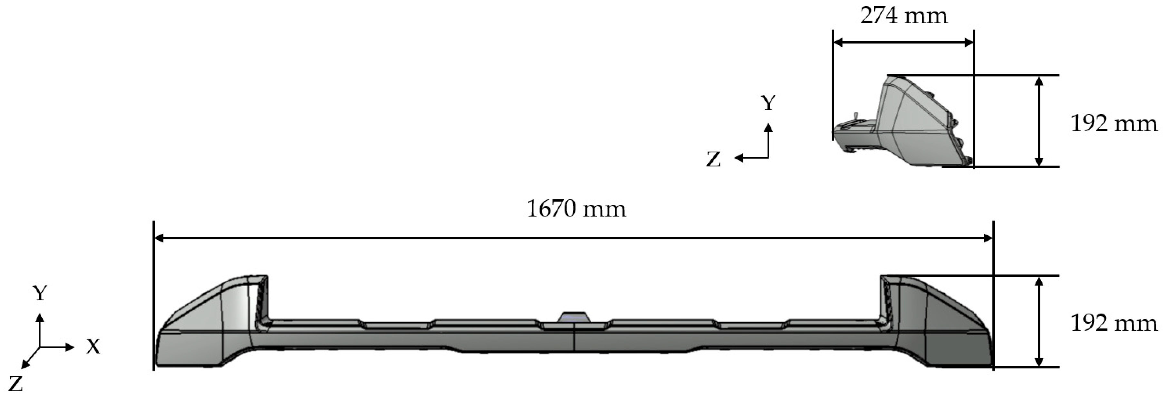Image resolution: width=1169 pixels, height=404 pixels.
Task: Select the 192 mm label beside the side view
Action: coord(1113,124)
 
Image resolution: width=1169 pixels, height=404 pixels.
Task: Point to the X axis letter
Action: coord(93,347)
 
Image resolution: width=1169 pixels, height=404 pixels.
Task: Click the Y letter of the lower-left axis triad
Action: coord(40,294)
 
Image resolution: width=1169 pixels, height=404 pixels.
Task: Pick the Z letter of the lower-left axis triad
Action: coord(15,384)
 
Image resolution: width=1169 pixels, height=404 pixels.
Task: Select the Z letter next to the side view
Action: coord(713,160)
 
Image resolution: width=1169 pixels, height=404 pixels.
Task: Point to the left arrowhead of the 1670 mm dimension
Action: coord(159,238)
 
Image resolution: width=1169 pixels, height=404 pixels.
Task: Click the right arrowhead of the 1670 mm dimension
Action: coord(988,238)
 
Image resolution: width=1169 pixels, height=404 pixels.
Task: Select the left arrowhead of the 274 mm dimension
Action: coord(838,42)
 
